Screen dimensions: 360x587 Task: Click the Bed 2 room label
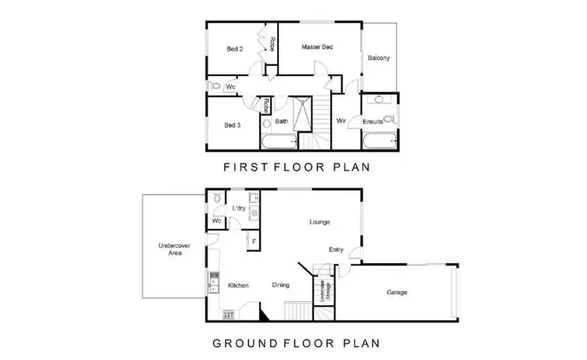click(x=235, y=49)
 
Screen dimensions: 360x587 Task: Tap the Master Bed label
click(x=318, y=48)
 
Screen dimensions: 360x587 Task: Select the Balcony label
click(x=379, y=59)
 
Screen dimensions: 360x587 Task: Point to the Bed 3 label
click(x=232, y=125)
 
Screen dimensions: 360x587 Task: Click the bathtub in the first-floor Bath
click(x=279, y=143)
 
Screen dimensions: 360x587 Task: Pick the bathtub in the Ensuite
click(x=380, y=142)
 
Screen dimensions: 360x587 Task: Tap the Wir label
click(x=341, y=121)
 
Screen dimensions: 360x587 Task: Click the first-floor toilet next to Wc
click(x=215, y=86)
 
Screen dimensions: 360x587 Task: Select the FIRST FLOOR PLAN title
click(x=297, y=167)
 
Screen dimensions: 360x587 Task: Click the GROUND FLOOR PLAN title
click(x=297, y=343)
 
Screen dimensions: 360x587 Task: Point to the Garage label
click(x=398, y=293)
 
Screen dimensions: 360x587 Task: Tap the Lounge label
click(x=319, y=222)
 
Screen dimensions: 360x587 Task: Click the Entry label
click(x=336, y=250)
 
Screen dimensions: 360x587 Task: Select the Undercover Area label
click(x=170, y=250)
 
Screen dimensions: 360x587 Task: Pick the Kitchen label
click(x=238, y=285)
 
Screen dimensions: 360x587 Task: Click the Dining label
click(x=281, y=285)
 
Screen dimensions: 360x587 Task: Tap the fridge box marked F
click(x=252, y=241)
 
